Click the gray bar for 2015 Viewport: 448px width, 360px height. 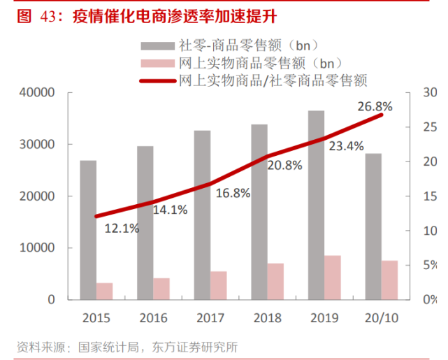tap(88, 230)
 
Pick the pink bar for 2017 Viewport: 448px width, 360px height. tap(199, 285)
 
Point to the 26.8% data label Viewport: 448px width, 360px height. tap(375, 107)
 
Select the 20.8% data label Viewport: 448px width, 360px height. tap(284, 166)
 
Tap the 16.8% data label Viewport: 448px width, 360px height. tap(232, 194)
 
